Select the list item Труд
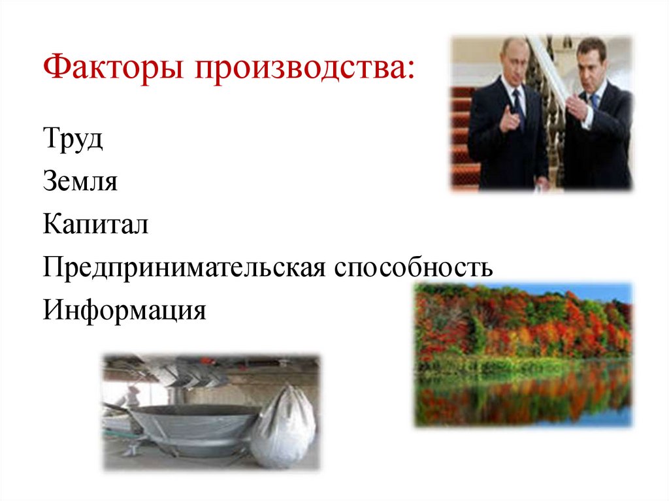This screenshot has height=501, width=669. [73, 140]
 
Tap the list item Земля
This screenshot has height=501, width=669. [80, 182]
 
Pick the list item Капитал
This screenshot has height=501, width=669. [96, 225]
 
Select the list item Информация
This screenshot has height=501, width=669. [124, 310]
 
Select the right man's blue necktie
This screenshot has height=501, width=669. [595, 102]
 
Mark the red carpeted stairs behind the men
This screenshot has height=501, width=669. [463, 131]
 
